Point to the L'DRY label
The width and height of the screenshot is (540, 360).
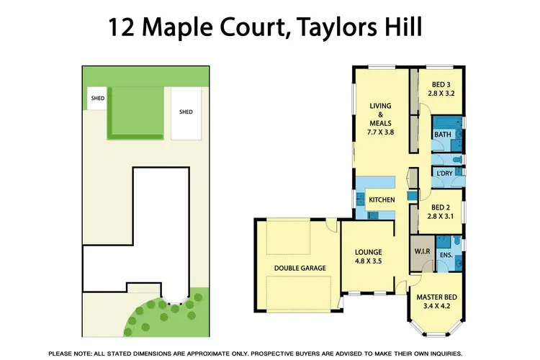444,174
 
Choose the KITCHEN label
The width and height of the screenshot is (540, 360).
382,199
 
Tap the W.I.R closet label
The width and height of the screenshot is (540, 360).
421,251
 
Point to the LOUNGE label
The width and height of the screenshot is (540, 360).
368,252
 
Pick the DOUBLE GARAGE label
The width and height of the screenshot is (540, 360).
300,268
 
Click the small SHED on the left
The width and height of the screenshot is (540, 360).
96,97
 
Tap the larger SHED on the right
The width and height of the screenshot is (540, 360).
186,112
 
